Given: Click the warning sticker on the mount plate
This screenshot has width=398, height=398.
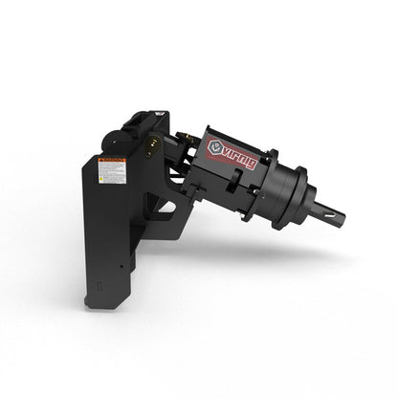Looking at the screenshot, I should [x=113, y=173].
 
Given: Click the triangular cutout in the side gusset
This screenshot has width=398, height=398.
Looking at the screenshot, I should [x=165, y=206].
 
